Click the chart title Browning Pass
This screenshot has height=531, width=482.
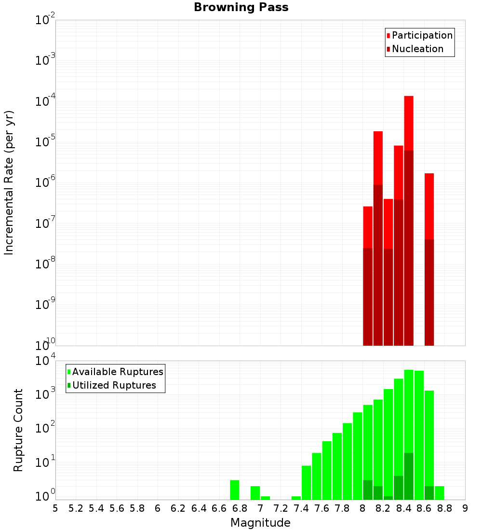tap(241, 8)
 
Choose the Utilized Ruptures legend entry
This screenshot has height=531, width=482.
tap(114, 386)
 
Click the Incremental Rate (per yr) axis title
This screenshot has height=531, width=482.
tap(9, 182)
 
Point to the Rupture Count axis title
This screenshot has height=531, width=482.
tap(18, 430)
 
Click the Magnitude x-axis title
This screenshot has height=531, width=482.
tap(260, 523)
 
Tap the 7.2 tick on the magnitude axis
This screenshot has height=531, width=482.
tap(281, 508)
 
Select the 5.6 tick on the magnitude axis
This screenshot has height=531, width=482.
tap(117, 508)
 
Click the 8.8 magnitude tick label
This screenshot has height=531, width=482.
tap(444, 508)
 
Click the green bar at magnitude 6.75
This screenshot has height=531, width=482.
tap(235, 490)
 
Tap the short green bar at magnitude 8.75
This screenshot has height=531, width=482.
tap(440, 493)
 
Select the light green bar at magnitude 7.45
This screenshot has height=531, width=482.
tap(306, 483)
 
